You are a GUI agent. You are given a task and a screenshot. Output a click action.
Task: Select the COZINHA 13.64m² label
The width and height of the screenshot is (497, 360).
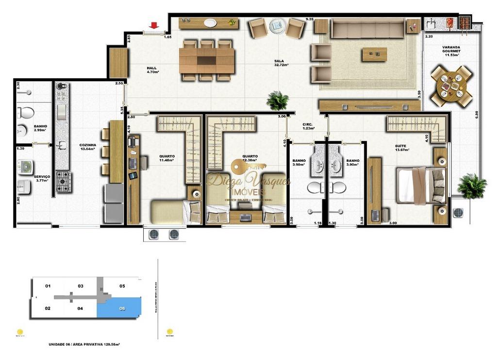pyautogui.click(x=88, y=147)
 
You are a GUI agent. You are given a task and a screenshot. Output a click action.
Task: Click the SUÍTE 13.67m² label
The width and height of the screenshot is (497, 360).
pyautogui.click(x=402, y=148)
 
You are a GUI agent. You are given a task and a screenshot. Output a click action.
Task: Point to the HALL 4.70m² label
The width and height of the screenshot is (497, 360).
pyautogui.click(x=153, y=69)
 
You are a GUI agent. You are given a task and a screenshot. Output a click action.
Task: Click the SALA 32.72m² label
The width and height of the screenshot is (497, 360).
pyautogui.click(x=281, y=63)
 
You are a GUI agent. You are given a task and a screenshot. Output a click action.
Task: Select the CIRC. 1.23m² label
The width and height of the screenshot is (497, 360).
pyautogui.click(x=307, y=126)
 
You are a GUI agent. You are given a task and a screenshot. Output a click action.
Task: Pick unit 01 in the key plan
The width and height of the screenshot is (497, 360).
pyautogui.click(x=48, y=286)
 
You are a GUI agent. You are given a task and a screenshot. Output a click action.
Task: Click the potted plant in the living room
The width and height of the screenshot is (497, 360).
pyautogui.click(x=278, y=101)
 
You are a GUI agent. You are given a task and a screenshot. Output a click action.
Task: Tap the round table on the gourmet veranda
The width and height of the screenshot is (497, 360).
pyautogui.click(x=451, y=86)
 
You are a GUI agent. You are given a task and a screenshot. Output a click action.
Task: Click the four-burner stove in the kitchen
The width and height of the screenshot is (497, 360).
pyautogui.click(x=63, y=181)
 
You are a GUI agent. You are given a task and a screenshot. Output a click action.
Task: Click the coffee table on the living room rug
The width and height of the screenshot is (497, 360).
pyautogui.click(x=374, y=54)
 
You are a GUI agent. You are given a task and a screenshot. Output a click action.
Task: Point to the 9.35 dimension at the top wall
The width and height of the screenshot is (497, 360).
pyautogui.click(x=309, y=19)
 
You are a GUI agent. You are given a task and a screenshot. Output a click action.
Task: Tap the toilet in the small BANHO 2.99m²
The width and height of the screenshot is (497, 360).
pyautogui.click(x=25, y=113)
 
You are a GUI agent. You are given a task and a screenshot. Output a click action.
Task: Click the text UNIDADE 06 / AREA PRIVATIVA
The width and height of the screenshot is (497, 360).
pyautogui.click(x=84, y=344)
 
